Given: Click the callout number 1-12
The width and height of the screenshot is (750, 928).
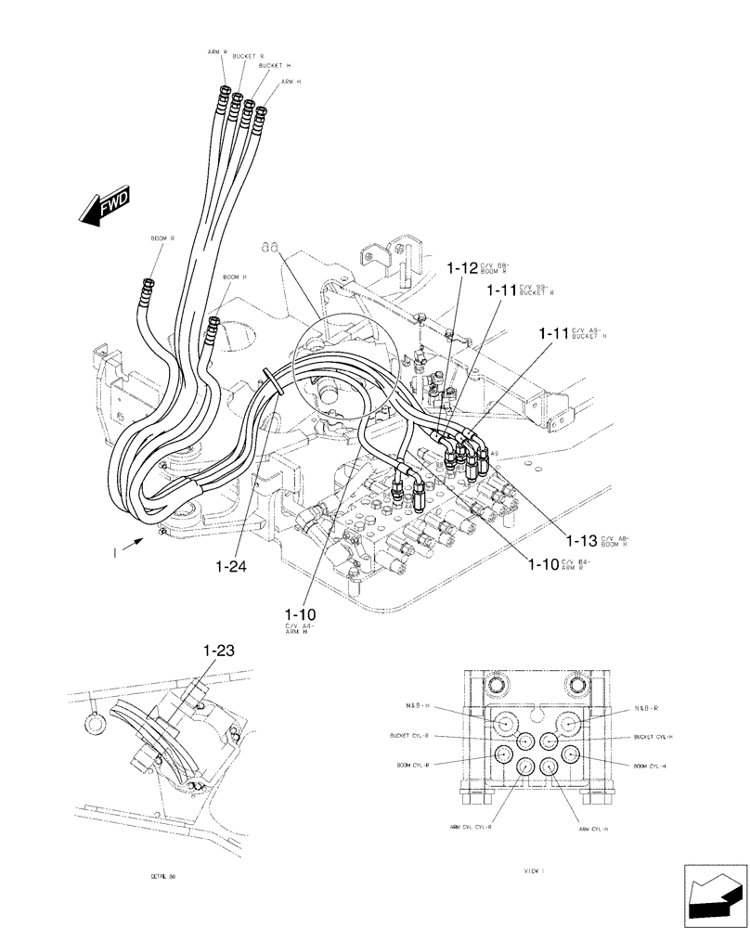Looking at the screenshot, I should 461,268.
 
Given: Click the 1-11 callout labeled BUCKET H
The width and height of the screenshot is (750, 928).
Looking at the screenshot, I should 554,332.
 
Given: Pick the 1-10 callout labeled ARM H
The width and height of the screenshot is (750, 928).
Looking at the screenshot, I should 300,614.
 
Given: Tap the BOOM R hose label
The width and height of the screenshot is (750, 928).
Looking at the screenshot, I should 162,238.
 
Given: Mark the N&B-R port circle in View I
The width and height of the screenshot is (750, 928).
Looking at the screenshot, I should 568,724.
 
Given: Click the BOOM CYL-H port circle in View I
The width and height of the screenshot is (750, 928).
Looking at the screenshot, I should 568,755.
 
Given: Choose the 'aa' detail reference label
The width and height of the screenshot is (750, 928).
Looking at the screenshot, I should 270,248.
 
